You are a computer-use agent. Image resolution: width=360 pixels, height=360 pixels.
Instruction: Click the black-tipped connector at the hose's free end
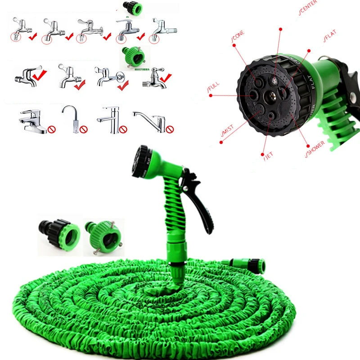pyautogui.click(x=254, y=264)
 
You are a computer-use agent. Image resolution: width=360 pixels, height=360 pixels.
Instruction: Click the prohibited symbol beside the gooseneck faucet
pyautogui.click(x=84, y=130)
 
